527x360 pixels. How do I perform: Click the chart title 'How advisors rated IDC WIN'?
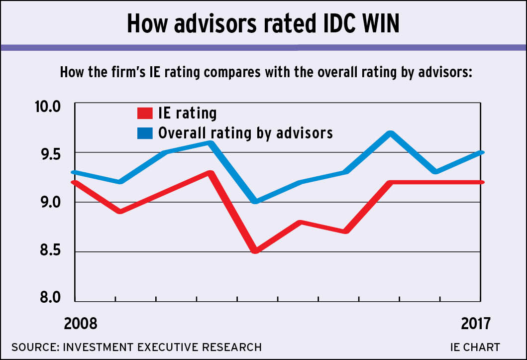[x=263, y=23]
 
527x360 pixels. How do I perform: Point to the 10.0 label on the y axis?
[x=46, y=107]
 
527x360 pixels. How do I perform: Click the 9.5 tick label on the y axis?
[x=47, y=155]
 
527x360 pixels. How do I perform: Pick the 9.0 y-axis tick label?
[x=47, y=203]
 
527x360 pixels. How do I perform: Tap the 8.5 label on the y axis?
[x=47, y=250]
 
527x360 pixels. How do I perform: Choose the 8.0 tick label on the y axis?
[x=47, y=298]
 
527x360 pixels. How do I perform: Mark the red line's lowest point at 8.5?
[x=255, y=251]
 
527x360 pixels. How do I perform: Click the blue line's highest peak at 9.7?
[x=391, y=133]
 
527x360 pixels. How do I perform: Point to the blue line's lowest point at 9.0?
[x=255, y=202]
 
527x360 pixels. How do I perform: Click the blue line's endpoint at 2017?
[x=480, y=152]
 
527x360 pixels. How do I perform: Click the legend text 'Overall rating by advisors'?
[x=245, y=133]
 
